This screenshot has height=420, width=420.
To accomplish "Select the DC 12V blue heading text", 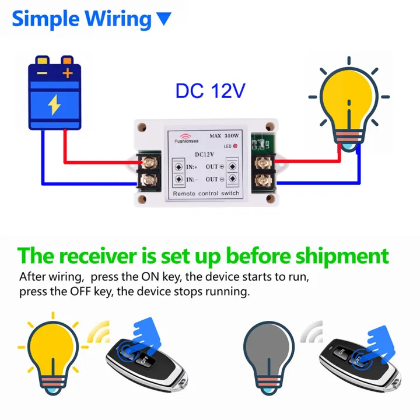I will tap(211, 91).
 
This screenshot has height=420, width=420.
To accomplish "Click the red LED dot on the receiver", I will tap(235, 145).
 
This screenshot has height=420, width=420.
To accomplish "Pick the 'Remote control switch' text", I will tap(206, 193).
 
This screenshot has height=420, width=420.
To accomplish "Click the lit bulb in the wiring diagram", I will tap(346, 105).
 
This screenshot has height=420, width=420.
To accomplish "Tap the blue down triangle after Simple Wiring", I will tap(164, 19).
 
